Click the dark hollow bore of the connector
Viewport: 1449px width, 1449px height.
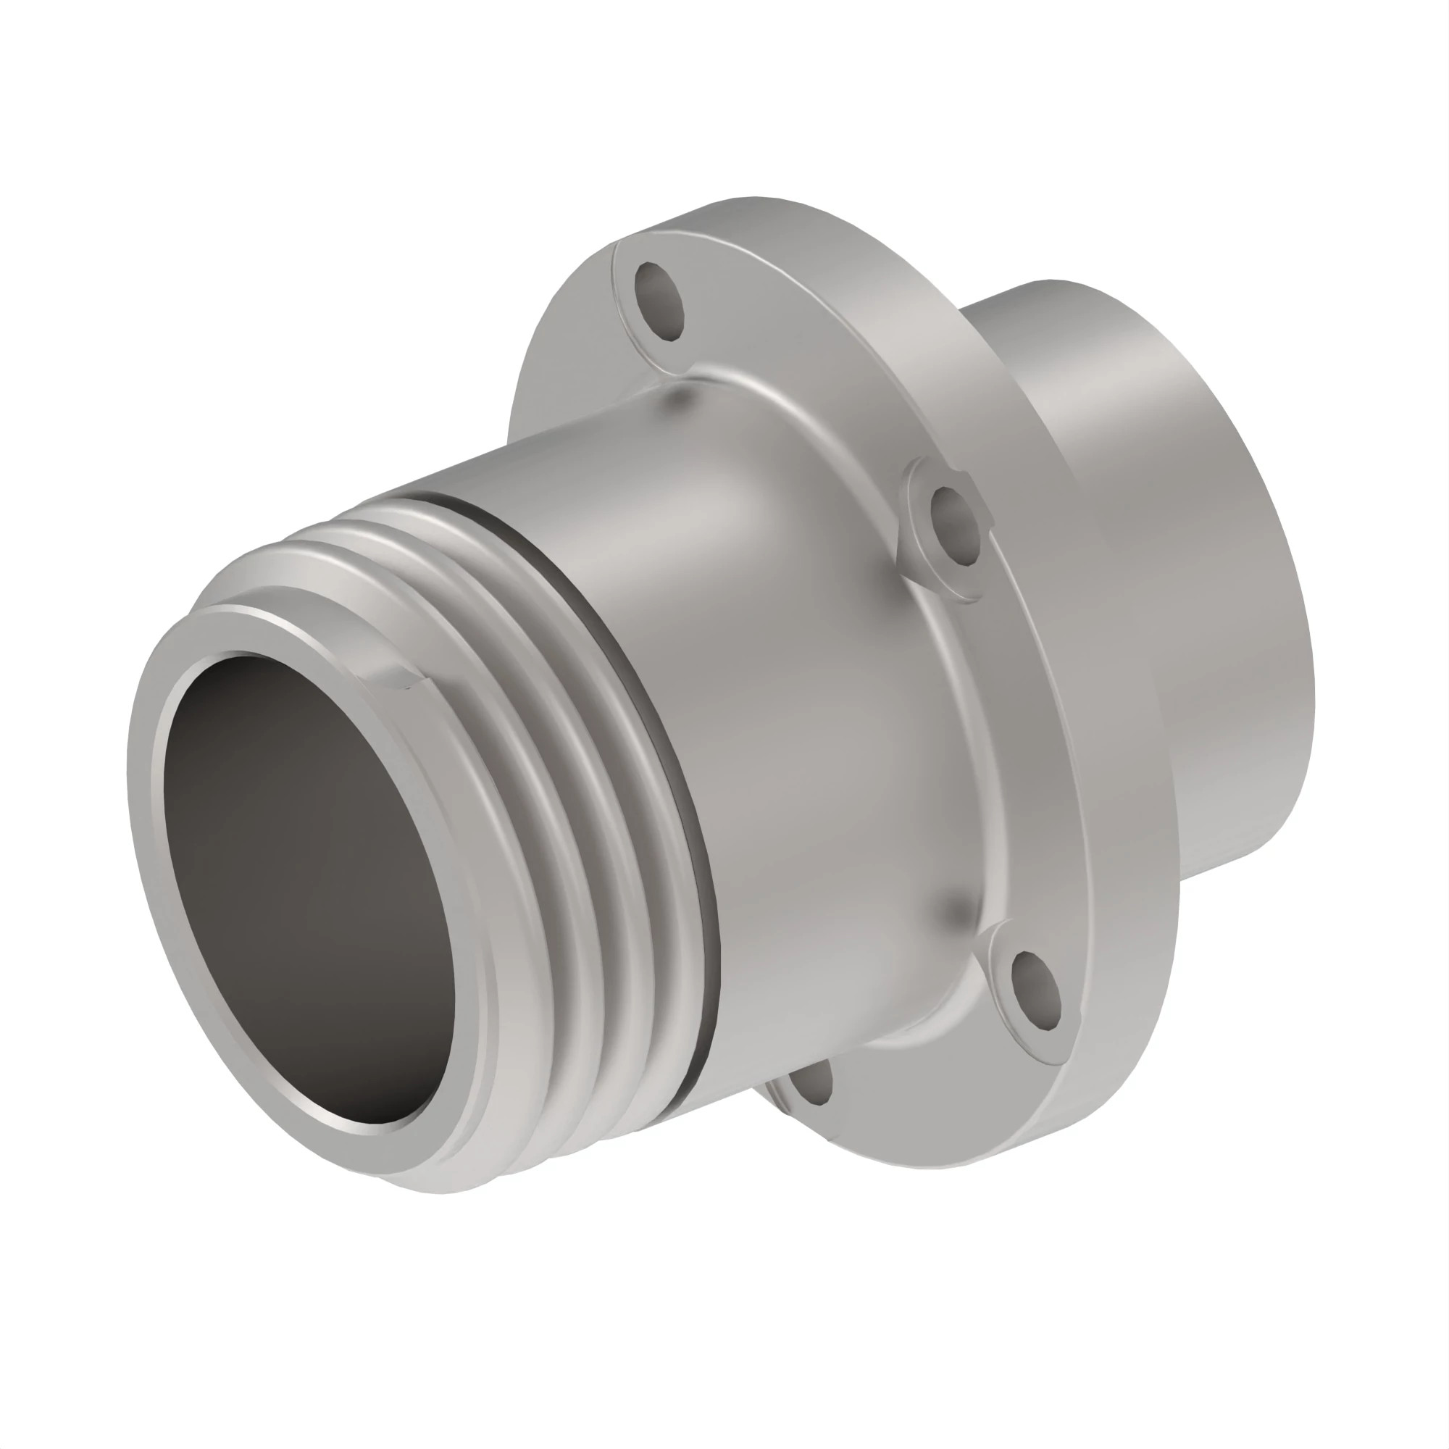coord(315,885)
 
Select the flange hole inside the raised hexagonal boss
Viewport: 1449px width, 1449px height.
coord(955,525)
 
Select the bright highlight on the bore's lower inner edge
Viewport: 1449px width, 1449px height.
coord(360,1125)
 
